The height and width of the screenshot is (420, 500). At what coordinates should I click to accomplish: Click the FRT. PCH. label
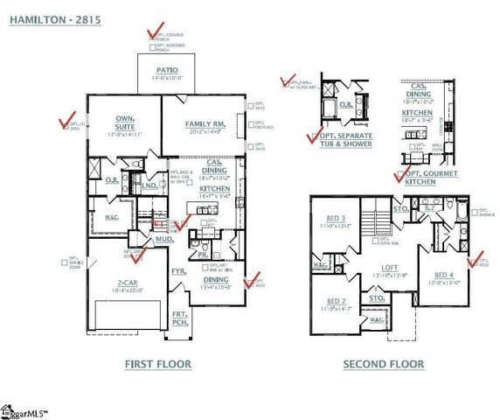click(x=179, y=318)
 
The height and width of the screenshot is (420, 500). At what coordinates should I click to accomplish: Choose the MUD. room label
click(x=164, y=237)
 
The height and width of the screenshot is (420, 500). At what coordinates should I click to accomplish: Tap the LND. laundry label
click(x=149, y=185)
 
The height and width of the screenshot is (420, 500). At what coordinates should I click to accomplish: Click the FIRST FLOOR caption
click(x=158, y=364)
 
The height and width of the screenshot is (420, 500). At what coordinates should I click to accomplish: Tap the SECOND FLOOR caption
click(x=383, y=364)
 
